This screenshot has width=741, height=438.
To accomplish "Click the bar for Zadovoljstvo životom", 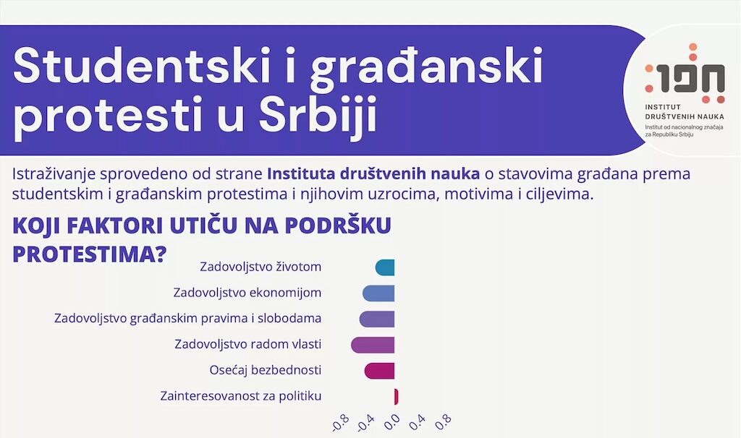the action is tap(385, 267).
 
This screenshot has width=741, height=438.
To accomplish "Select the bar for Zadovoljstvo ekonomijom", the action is tap(378, 293).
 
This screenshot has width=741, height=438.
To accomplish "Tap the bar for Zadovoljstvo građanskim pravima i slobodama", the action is tap(377, 319).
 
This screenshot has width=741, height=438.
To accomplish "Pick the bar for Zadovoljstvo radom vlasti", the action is tap(373, 345).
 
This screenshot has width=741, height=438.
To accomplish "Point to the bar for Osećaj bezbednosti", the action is tap(379, 371).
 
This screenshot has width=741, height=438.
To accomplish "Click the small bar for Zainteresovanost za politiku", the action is tap(396, 397).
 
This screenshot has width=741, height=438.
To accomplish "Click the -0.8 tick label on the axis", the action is tap(340, 423).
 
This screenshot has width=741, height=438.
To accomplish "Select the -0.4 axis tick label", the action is tap(365, 423).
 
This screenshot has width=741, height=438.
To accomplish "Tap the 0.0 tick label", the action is tap(391, 422).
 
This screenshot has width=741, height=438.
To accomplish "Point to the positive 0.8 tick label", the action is tap(443, 422).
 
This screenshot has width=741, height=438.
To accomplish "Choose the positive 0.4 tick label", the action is tap(418, 422).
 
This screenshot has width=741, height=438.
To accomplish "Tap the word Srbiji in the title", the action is tap(318, 116).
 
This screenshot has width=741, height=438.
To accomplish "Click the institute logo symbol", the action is tap(685, 74).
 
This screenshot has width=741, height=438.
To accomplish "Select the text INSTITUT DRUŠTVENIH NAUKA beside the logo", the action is tap(685, 112).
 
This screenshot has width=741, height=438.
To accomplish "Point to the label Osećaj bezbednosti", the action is tap(265, 370).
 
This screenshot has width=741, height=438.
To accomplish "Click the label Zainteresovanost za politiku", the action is tap(240, 395).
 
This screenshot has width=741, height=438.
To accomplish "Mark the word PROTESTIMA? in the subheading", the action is tap(90, 254).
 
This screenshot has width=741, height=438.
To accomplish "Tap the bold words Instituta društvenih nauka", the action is tap(373, 173).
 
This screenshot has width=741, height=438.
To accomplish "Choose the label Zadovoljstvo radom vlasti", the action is tap(247, 344).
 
